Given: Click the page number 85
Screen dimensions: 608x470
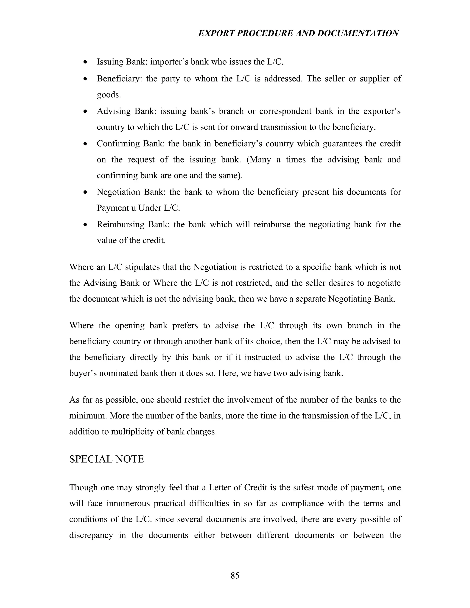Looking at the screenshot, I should coord(235,575).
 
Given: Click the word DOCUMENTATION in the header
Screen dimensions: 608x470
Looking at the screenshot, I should coord(358,33).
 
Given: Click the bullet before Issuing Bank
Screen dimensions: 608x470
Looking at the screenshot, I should coord(85,62).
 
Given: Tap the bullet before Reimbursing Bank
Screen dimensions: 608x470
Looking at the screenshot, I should coord(85,225).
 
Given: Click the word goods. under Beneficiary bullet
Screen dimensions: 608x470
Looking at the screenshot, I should coord(109,95).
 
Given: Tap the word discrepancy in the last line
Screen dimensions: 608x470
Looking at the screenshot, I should coord(91,535).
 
